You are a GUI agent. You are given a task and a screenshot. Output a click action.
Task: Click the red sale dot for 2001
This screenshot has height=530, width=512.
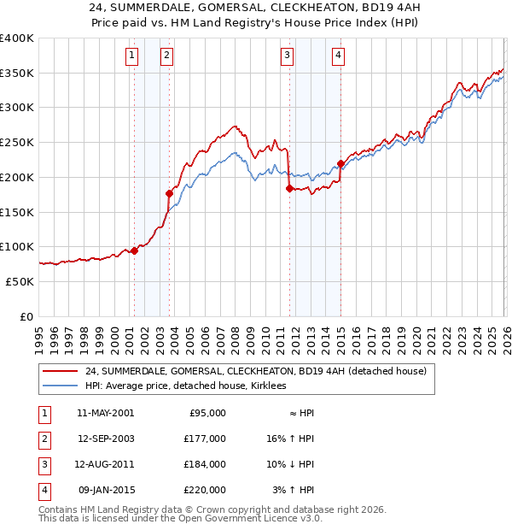point(134,250)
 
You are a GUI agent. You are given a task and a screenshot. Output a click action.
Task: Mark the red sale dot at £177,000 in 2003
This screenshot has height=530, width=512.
point(169,194)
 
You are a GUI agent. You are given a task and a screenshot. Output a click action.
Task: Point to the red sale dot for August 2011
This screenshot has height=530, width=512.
point(289,188)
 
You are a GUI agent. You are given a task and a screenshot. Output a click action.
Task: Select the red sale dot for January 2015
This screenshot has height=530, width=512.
point(340,163)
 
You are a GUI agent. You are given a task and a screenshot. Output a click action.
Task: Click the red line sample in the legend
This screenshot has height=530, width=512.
point(61,372)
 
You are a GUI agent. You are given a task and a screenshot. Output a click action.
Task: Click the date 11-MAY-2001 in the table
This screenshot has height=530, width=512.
point(105,413)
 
